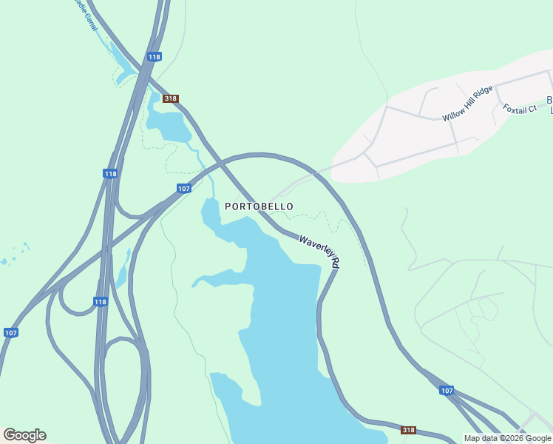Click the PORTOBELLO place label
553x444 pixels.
pyautogui.click(x=259, y=206)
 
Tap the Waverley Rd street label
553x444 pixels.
pyautogui.click(x=320, y=251)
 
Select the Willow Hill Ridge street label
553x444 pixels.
pyautogui.click(x=467, y=104)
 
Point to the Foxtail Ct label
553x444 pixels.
pyautogui.click(x=520, y=109)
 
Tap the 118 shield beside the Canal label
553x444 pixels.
pyautogui.click(x=154, y=56)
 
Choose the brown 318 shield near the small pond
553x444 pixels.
pyautogui.click(x=171, y=98)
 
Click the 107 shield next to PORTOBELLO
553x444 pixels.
pyautogui.click(x=184, y=189)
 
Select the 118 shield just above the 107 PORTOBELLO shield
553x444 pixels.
pyautogui.click(x=109, y=174)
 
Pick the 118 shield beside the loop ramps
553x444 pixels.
pyautogui.click(x=101, y=301)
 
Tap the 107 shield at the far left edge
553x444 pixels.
pyautogui.click(x=10, y=332)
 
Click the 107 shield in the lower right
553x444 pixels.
pyautogui.click(x=446, y=390)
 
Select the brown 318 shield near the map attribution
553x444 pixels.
pyautogui.click(x=409, y=430)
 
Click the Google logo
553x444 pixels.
pyautogui.click(x=24, y=435)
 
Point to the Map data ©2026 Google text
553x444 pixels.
pyautogui.click(x=507, y=438)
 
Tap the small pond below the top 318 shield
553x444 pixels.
pyautogui.click(x=172, y=126)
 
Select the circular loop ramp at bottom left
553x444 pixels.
pyautogui.click(x=123, y=377)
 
